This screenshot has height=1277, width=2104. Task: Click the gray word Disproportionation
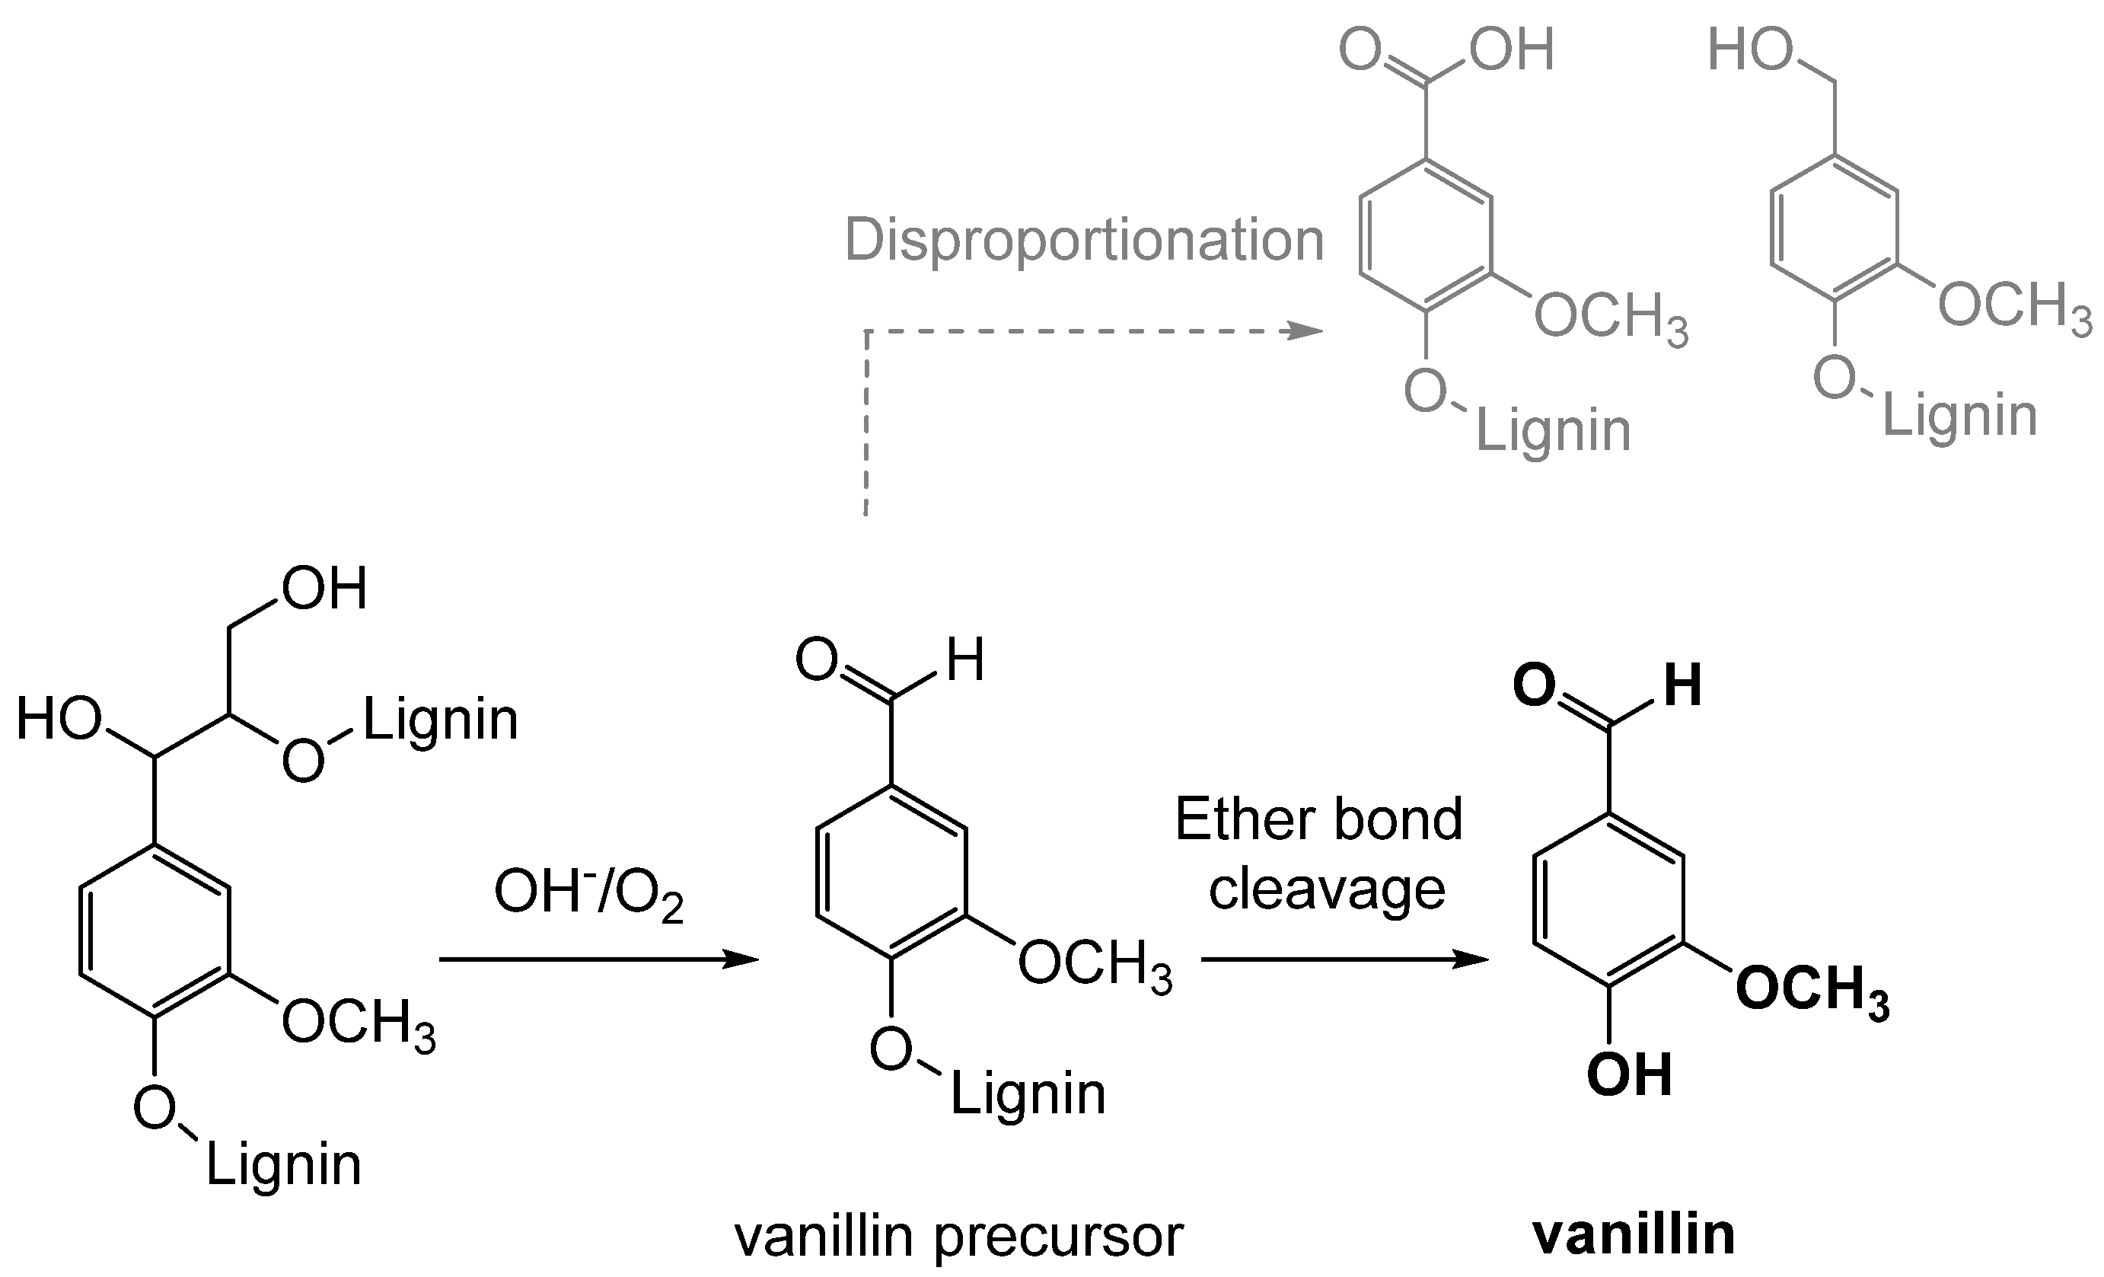point(1084,241)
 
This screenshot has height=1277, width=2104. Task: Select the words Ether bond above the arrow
point(1318,820)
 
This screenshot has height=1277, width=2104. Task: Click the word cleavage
point(1327,890)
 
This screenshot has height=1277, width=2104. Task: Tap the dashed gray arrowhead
point(1306,331)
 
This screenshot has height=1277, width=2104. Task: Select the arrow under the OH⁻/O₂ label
point(598,960)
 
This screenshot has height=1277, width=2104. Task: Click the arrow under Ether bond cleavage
point(1344,959)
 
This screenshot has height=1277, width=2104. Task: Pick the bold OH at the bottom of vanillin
point(1628,1075)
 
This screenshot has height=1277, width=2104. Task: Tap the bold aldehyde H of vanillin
point(1682,685)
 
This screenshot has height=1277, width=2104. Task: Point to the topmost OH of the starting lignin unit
point(324,589)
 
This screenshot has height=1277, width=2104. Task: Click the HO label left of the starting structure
point(59,720)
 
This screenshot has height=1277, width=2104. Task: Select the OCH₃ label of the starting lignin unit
point(359,1023)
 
